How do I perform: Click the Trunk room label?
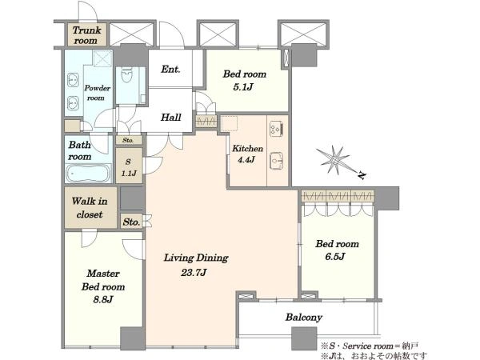coord(86,35)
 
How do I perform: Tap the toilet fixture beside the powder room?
coord(127,75)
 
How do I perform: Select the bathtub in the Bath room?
coord(89,174)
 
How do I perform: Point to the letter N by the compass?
coord(362,176)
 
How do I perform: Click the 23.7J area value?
coord(194,272)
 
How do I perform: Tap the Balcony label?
coord(304,318)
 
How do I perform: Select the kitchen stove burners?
coord(276,129)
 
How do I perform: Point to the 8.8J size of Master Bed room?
coord(103,299)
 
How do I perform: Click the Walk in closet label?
coord(90,207)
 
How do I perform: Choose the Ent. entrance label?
coord(170,69)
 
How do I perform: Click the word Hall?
coord(171,117)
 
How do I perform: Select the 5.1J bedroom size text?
coord(243,87)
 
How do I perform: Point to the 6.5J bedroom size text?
coord(335,257)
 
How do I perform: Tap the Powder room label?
coord(97,93)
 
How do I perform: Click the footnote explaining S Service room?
coord(369,346)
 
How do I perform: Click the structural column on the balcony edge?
coord(304,338)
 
